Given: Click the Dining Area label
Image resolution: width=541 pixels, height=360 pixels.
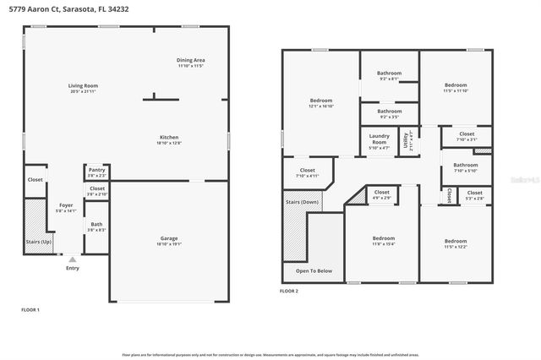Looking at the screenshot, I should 190,60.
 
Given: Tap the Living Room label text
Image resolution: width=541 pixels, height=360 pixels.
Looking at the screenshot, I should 83,86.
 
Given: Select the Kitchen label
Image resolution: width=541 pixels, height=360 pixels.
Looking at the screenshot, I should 169,138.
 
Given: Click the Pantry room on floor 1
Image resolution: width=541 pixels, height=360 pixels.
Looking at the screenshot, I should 96,172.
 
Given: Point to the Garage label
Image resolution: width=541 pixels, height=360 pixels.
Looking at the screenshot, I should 169,240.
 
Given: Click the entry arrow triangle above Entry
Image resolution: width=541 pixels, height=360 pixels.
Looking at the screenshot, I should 72,259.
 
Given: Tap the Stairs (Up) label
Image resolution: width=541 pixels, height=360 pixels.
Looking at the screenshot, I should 34,242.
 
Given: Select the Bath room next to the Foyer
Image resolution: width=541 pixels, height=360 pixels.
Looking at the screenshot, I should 96,226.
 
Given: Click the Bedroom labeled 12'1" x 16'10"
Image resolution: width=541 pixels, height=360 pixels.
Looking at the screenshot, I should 320,103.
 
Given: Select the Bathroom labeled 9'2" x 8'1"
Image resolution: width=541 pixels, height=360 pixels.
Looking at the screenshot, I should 390,75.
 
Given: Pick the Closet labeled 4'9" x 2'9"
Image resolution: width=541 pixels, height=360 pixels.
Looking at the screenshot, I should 381,194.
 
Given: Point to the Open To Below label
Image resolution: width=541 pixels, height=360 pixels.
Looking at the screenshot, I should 313,271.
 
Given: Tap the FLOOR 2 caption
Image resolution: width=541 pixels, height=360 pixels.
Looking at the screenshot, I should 289,291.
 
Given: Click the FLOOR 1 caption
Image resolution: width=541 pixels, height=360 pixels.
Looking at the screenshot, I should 30,310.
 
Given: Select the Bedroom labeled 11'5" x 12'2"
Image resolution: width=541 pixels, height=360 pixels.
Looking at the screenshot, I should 456,242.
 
